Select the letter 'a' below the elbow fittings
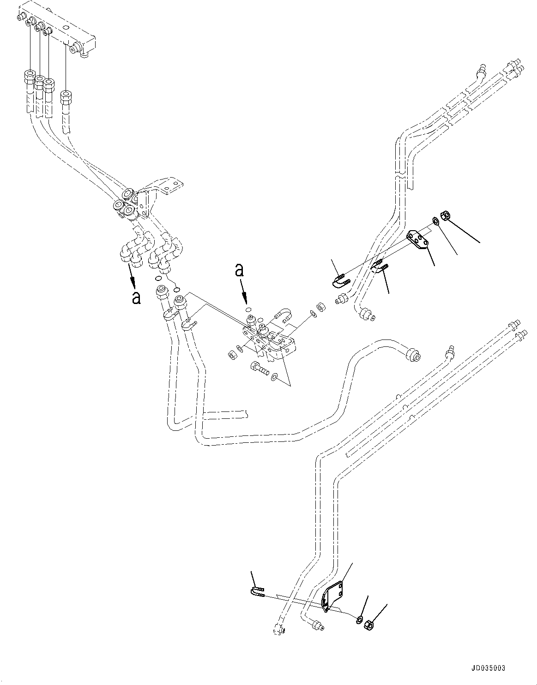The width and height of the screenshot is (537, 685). coord(136,298)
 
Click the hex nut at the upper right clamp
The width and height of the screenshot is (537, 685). coord(446,214)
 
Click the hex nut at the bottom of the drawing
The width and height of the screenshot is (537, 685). coord(369,625)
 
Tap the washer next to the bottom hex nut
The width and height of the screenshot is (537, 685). coord(359,619)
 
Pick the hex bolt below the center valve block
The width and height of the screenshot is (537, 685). coord(258,368)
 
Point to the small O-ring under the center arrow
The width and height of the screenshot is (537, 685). coord(248,310)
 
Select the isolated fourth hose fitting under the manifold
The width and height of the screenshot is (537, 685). coord(66,98)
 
